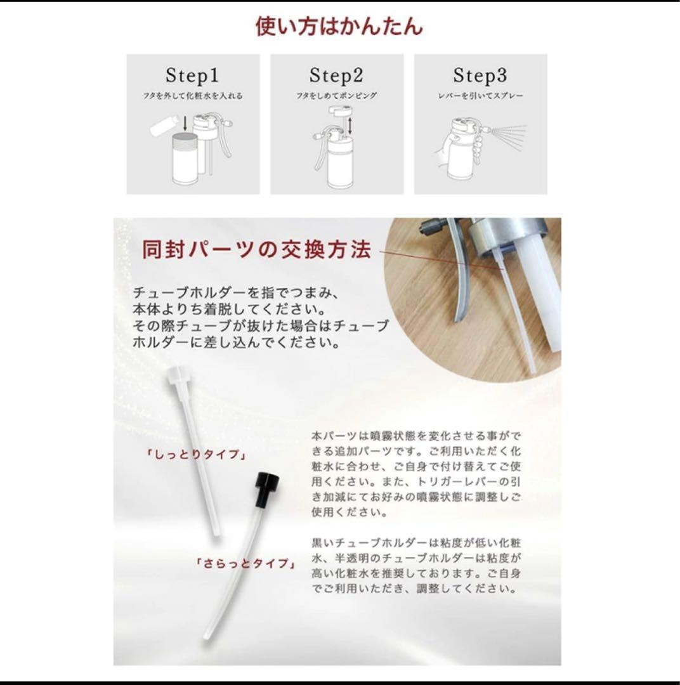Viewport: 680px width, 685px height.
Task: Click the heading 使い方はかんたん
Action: [339, 26]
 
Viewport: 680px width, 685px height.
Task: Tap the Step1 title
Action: [192, 75]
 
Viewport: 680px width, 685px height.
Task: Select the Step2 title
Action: [336, 75]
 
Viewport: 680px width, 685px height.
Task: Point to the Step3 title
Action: [480, 75]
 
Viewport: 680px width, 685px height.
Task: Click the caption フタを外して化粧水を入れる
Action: [193, 96]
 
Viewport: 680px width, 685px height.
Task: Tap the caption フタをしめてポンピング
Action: [336, 96]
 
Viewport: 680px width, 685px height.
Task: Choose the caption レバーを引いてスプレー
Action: [480, 96]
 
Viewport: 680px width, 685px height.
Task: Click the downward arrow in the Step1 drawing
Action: [185, 124]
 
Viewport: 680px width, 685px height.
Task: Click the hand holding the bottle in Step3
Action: [442, 151]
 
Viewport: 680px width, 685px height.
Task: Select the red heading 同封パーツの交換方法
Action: [257, 250]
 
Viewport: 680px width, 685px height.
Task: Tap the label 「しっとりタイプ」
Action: [195, 455]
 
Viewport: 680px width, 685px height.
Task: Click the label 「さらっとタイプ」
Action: [245, 564]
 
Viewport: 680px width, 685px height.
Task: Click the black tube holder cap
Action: [266, 489]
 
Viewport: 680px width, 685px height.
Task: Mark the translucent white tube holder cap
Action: [177, 377]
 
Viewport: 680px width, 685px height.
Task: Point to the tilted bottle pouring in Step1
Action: [165, 124]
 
